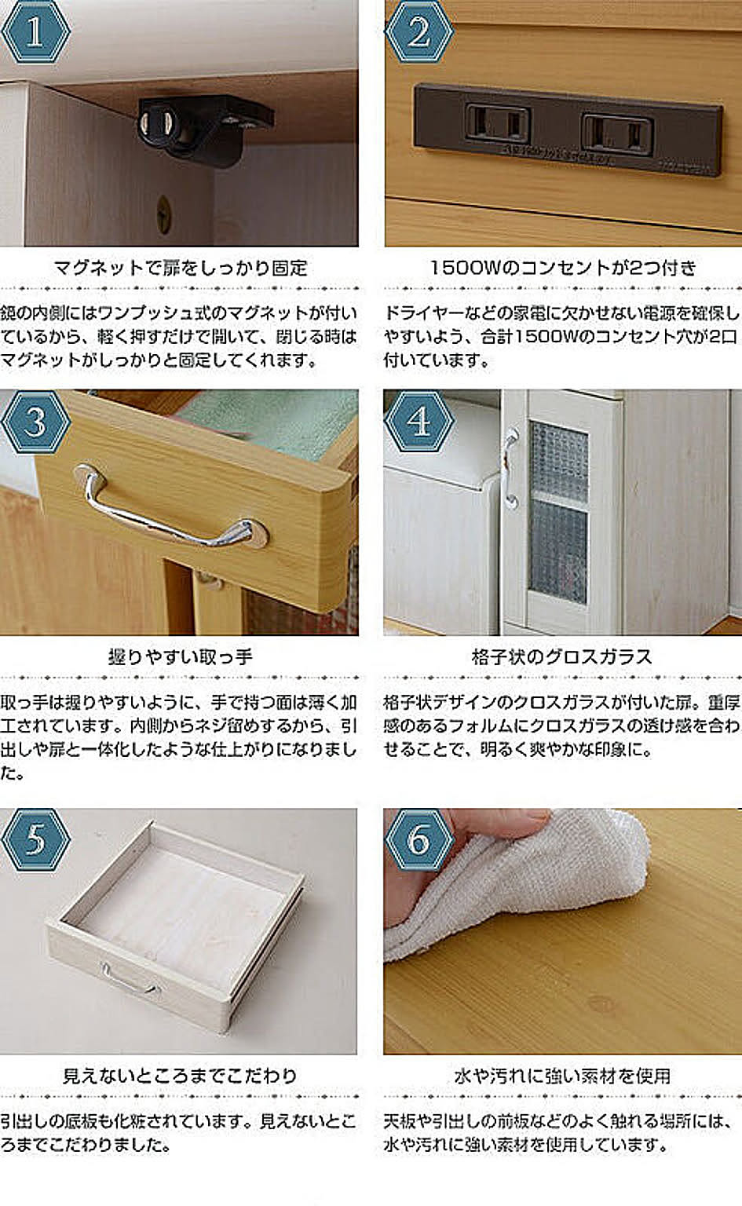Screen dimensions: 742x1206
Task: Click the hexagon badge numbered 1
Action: point(35,31)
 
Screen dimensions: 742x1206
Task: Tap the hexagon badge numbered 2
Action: point(419,31)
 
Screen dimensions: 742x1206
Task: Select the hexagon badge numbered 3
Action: point(35,422)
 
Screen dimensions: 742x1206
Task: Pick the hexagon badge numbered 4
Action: point(419,422)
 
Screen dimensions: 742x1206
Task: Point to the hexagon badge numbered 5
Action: point(35,840)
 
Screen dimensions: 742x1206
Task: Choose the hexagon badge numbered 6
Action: point(419,840)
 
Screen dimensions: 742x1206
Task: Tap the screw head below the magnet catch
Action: point(163,214)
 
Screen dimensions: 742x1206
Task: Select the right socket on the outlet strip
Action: point(618,133)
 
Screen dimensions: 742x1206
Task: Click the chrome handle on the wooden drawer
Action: point(170,506)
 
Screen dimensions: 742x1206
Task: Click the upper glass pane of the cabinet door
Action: point(557,461)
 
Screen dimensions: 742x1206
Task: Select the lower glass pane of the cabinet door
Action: point(557,552)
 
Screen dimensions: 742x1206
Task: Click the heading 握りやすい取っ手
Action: point(180,656)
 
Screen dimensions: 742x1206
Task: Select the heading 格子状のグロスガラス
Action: point(562,656)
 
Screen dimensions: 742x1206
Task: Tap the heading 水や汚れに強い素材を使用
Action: point(562,1075)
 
